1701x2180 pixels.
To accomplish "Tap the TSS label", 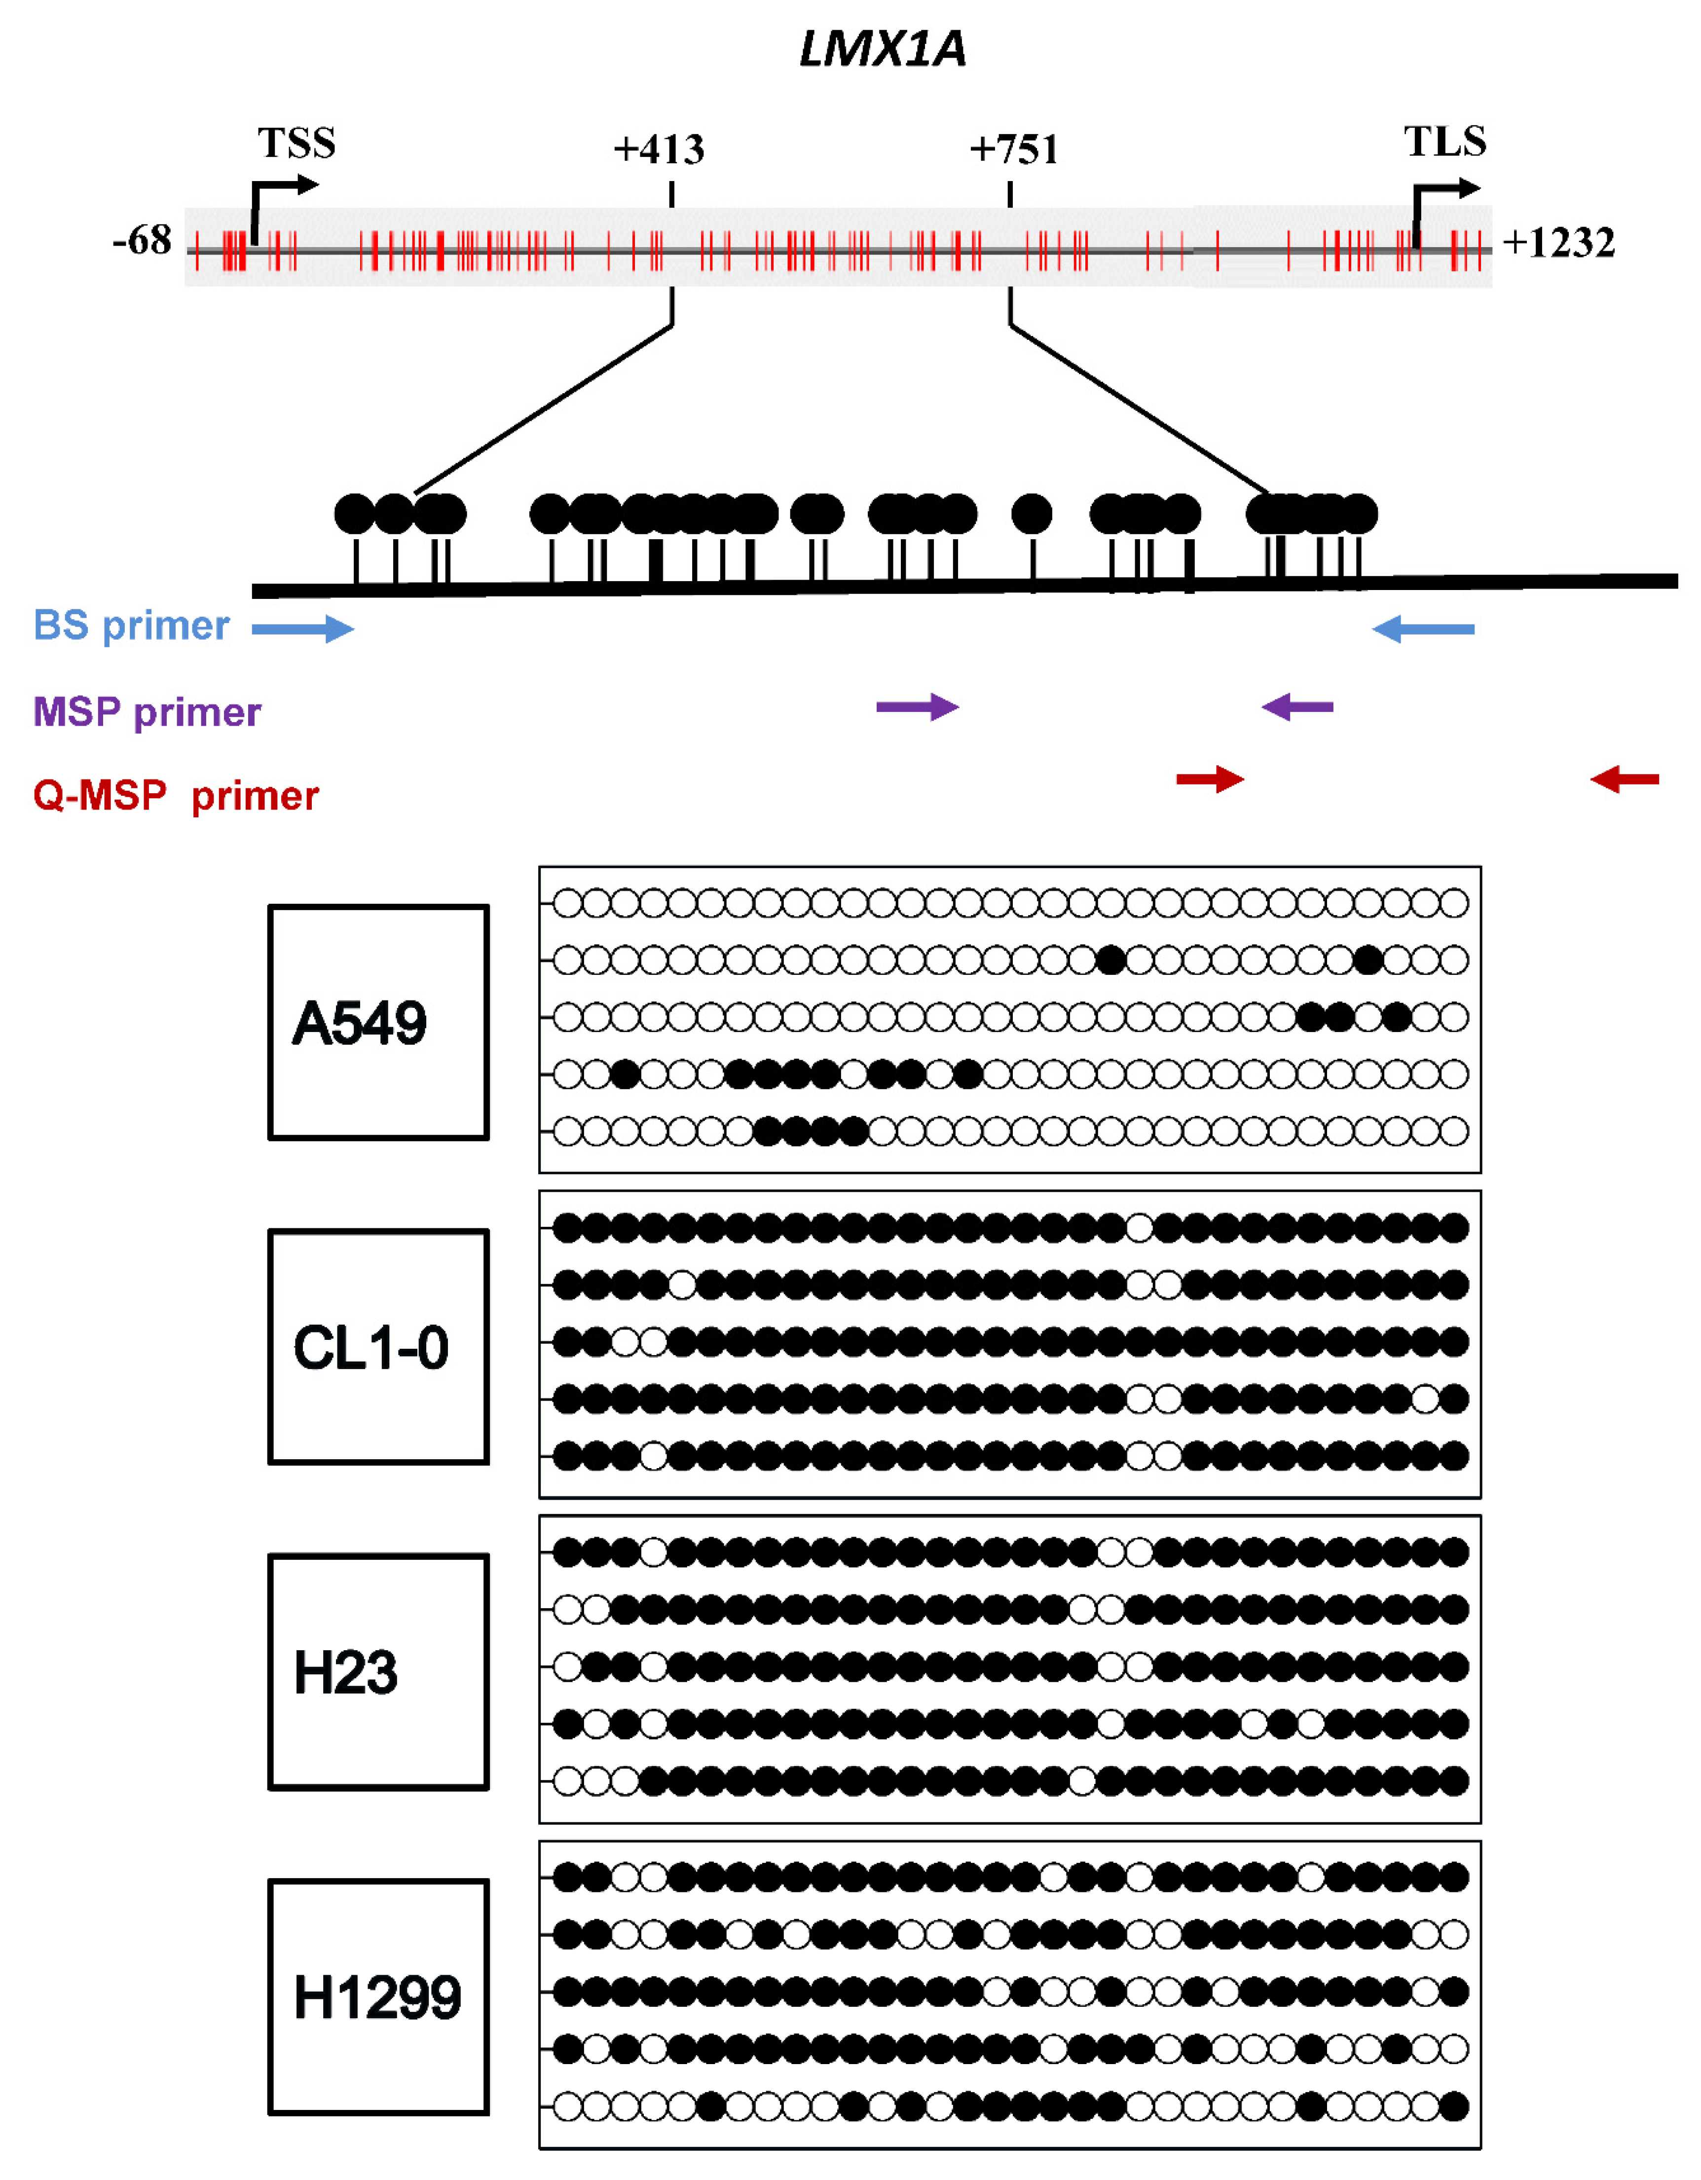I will pos(296,143).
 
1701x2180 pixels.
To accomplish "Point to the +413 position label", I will pos(659,150).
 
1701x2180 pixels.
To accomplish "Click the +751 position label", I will pos(1013,150).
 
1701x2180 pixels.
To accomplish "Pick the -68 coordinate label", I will pos(142,241).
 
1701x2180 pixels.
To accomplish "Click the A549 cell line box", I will pos(378,1022).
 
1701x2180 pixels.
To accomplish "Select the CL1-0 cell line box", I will pos(378,1347).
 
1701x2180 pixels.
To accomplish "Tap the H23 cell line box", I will pos(378,1672).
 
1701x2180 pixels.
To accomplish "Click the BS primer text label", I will pos(132,626).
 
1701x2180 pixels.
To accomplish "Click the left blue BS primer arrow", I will pos(302,629).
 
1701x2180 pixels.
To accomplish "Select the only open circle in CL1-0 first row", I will pos(1139,1228).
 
